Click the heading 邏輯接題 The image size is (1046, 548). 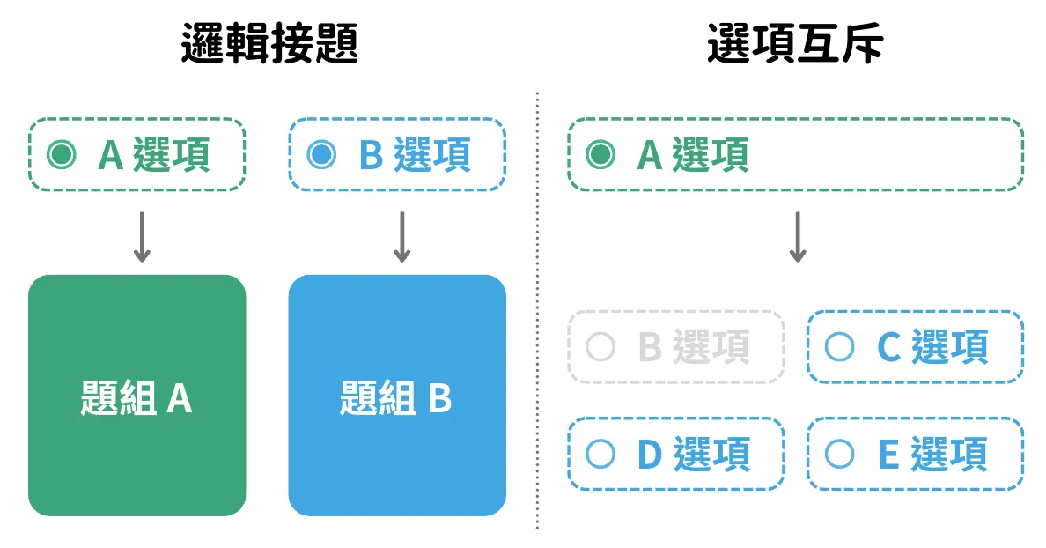(x=269, y=43)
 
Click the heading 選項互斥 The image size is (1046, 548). (x=795, y=43)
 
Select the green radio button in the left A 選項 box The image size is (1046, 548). (x=62, y=155)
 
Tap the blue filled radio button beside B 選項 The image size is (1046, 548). (x=321, y=155)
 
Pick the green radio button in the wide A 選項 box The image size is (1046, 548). (x=600, y=155)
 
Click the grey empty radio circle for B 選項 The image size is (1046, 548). (x=600, y=347)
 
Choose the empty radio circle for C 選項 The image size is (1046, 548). (x=839, y=347)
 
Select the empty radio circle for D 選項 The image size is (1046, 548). (x=600, y=455)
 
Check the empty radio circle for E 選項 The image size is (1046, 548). (x=839, y=455)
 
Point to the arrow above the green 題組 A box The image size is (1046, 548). (x=142, y=237)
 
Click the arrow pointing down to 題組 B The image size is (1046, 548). (x=401, y=237)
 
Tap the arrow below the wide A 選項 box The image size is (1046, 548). (x=798, y=237)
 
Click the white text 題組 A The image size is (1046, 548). (x=136, y=398)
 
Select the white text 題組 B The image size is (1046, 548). (x=395, y=398)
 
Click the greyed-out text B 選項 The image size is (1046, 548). (x=694, y=347)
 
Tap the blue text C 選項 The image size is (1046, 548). (x=932, y=347)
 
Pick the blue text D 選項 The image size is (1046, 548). (x=694, y=455)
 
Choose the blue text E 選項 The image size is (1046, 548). (x=932, y=455)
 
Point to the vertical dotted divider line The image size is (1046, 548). (x=537, y=311)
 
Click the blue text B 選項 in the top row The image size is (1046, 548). (x=415, y=155)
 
